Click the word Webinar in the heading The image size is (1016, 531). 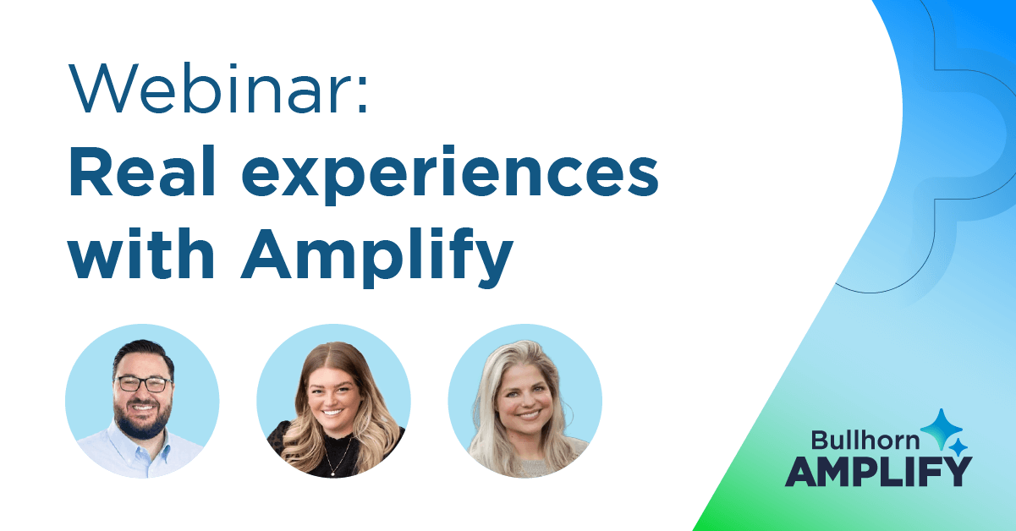click(x=209, y=88)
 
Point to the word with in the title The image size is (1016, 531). click(x=140, y=253)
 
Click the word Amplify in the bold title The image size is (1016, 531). click(x=377, y=257)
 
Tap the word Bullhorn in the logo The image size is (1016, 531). click(x=865, y=440)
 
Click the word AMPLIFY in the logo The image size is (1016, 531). click(x=879, y=472)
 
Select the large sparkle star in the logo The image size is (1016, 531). click(x=942, y=429)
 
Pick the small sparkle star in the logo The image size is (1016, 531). click(x=958, y=447)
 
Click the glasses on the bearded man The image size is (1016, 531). click(x=144, y=384)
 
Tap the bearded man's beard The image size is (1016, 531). click(x=143, y=419)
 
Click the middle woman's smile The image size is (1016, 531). click(x=332, y=413)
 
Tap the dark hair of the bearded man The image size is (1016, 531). click(x=143, y=356)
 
